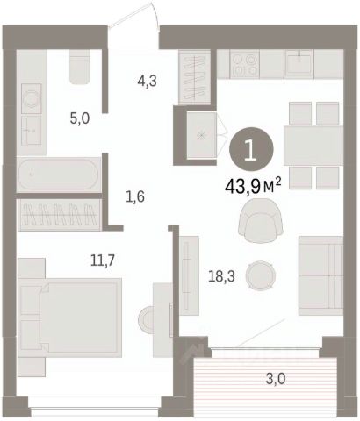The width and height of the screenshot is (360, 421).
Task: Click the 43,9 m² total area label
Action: pyautogui.click(x=253, y=186)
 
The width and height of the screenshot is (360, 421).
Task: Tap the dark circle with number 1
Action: pyautogui.click(x=251, y=149)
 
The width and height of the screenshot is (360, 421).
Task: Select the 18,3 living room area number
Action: pyautogui.click(x=221, y=276)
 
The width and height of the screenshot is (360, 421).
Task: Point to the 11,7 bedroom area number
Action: pyautogui.click(x=102, y=260)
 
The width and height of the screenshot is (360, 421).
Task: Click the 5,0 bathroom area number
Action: pyautogui.click(x=80, y=119)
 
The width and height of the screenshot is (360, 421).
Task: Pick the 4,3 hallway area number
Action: pyautogui.click(x=147, y=81)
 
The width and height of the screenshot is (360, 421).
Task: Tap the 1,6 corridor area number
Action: pyautogui.click(x=135, y=197)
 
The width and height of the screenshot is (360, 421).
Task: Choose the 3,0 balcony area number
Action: pyautogui.click(x=276, y=379)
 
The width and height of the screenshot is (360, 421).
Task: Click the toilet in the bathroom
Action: pyautogui.click(x=79, y=67)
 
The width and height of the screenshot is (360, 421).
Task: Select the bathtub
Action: pyautogui.click(x=59, y=175)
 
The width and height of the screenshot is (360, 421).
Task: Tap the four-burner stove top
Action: pyautogui.click(x=244, y=64)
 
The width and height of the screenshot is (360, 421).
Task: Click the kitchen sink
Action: pyautogui.click(x=299, y=62)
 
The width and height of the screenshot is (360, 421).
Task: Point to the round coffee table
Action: pyautogui.click(x=261, y=275)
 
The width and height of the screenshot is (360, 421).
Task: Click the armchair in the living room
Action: pyautogui.click(x=260, y=220)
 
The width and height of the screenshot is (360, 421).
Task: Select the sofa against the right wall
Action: pyautogui.click(x=320, y=275)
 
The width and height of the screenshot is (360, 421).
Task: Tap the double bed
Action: pyautogui.click(x=70, y=318)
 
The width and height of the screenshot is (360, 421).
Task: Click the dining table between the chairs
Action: pyautogui.click(x=313, y=146)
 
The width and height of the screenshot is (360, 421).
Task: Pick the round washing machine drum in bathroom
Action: pyautogui.click(x=32, y=98)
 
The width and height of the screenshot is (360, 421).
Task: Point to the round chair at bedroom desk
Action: pyautogui.click(x=146, y=319)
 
